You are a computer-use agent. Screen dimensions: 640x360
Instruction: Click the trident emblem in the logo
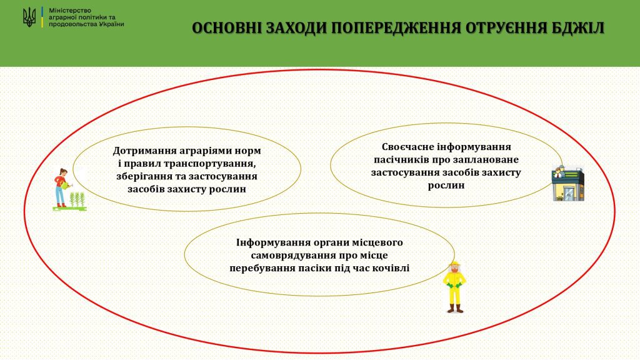[29, 17]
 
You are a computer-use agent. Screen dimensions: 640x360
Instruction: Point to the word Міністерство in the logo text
[70, 10]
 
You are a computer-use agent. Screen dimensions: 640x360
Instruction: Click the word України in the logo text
[111, 24]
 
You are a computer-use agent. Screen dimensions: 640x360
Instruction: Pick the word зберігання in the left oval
[141, 177]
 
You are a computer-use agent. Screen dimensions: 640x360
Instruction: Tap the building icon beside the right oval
[567, 183]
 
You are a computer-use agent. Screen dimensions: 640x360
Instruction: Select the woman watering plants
[61, 187]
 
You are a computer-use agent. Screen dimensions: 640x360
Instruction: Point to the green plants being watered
[77, 199]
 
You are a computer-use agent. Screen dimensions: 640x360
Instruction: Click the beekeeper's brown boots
[455, 309]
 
